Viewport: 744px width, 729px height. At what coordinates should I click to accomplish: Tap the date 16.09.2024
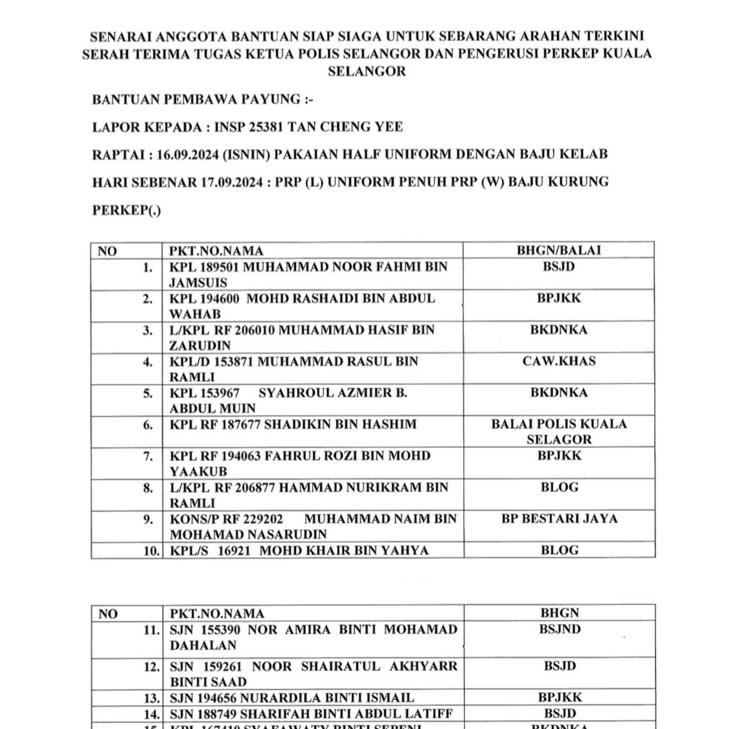coord(187,155)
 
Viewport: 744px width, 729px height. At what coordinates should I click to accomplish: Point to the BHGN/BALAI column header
coord(559,251)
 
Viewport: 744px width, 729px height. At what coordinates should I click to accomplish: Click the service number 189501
coord(218,267)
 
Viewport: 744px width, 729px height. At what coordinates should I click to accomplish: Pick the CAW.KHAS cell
coord(559,361)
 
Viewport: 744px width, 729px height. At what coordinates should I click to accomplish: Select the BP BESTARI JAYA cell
coord(559,519)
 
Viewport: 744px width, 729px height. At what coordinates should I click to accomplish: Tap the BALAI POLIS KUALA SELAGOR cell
coord(559,432)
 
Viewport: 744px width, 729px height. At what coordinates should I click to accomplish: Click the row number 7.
coord(148,456)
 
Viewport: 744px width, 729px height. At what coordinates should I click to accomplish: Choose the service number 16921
coord(233,551)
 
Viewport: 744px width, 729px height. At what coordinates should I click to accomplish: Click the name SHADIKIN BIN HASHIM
coord(340,425)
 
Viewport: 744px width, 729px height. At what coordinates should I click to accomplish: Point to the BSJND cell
coord(559,629)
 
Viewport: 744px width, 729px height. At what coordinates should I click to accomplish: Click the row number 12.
coord(151,667)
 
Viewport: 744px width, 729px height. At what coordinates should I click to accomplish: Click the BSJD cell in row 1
coord(559,267)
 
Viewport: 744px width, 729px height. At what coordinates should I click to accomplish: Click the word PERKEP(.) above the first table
coord(126,210)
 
